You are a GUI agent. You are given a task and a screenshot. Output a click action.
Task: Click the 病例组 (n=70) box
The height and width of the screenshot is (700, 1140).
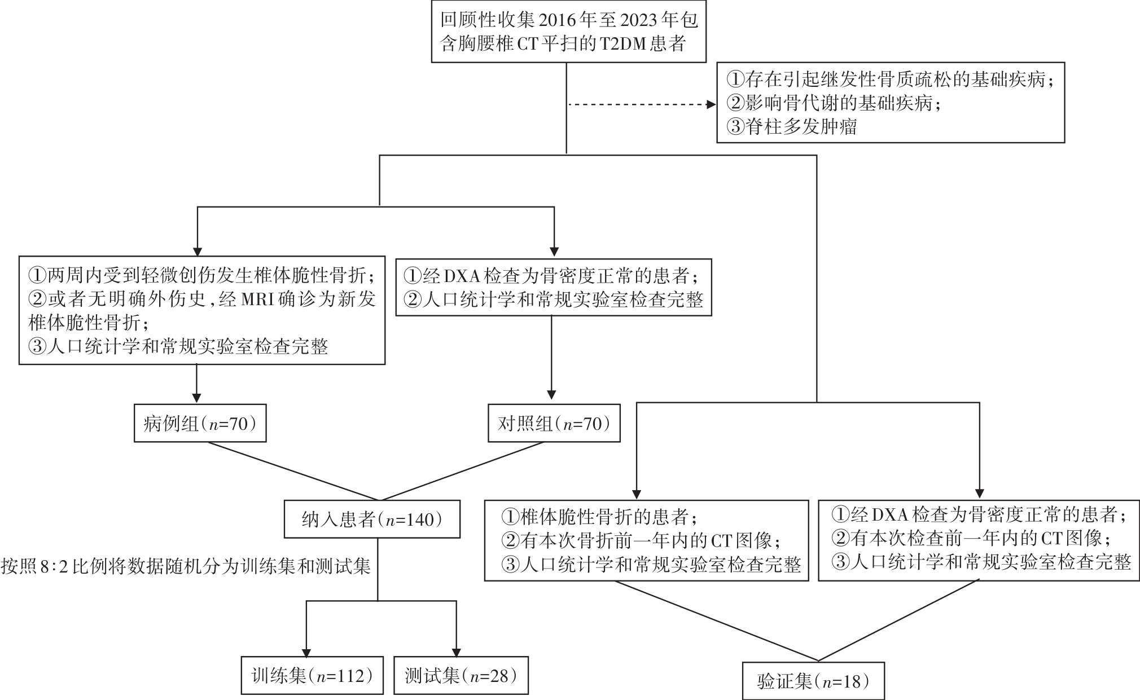[x=200, y=423]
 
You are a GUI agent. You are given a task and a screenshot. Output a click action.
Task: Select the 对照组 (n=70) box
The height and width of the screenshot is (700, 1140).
[x=554, y=423]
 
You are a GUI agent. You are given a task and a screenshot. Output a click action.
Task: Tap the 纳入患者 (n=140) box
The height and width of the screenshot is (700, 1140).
[x=372, y=519]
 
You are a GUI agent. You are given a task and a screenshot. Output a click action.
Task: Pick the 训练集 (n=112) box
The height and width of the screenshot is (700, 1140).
[x=312, y=675]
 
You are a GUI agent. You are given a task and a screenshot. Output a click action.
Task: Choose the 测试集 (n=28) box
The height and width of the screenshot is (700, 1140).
[x=461, y=675]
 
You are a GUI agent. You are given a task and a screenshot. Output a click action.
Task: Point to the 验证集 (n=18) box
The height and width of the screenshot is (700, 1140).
[x=813, y=681]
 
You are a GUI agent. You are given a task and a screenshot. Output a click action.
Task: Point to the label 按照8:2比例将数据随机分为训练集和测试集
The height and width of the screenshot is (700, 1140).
[x=186, y=566]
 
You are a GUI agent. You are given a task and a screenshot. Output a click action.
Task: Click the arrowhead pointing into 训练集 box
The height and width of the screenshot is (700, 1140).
[x=306, y=651]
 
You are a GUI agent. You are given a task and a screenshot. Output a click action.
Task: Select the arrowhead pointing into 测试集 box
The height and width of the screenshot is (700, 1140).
[x=455, y=651]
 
